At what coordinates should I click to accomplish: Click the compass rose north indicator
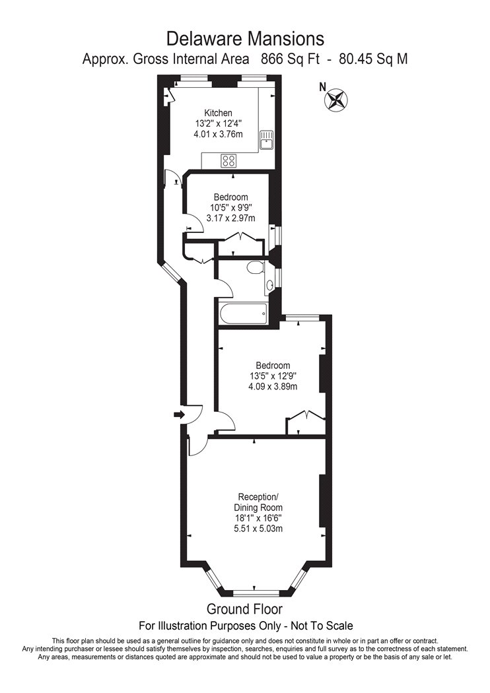point(336,100)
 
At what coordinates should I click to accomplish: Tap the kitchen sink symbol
point(267,141)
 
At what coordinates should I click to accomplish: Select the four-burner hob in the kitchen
point(228,160)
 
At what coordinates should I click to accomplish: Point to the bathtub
point(243,313)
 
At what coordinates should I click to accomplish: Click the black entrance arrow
point(179,414)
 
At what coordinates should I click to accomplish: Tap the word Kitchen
point(218,113)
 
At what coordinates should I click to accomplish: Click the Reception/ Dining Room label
point(258,502)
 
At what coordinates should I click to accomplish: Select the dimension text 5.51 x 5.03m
point(258,529)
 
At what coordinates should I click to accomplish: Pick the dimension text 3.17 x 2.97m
point(231,218)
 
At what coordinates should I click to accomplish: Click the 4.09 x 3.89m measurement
point(273,387)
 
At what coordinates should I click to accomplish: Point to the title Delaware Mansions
point(245,39)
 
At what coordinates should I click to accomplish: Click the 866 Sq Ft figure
point(290,59)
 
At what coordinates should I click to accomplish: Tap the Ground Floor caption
point(244,609)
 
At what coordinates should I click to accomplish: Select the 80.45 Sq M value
point(373,59)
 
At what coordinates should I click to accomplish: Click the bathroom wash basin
point(269,285)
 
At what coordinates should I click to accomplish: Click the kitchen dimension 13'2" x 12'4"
point(218,124)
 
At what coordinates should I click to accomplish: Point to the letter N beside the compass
point(323,86)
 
